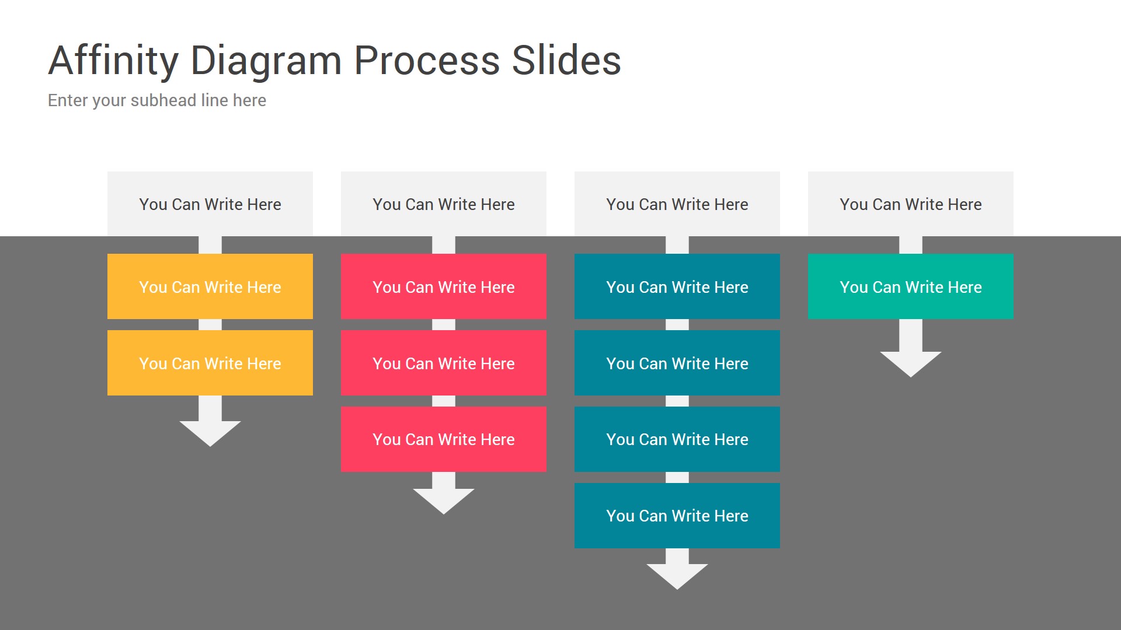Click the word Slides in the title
coord(566,61)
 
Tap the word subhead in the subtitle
coord(163,100)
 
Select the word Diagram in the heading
coord(266,61)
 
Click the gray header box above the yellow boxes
coord(210,204)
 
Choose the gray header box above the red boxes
coord(444,204)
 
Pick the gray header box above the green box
coord(911,204)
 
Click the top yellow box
coord(210,286)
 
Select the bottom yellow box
coord(210,363)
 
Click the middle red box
coord(444,363)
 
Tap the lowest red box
coord(444,439)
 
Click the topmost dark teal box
coord(677,286)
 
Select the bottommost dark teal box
coord(677,516)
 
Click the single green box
coord(911,286)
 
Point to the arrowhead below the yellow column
coord(210,432)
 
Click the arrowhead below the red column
coord(444,499)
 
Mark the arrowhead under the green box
coord(911,362)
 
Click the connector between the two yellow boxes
coord(210,325)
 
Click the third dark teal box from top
coord(677,439)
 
